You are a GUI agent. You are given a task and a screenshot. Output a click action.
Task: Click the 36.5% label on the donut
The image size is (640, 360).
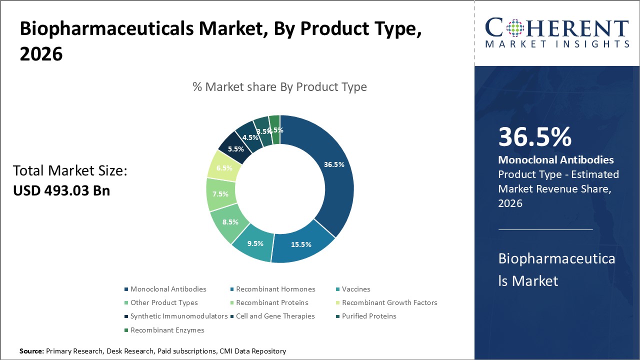tap(333, 164)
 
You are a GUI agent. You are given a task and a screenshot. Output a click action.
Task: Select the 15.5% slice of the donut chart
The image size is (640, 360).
tap(301, 244)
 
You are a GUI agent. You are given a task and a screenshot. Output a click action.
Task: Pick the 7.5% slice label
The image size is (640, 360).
tap(220, 194)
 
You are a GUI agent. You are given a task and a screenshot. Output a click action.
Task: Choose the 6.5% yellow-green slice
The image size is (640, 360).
tap(224, 168)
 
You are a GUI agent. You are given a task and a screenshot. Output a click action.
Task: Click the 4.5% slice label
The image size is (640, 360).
tap(250, 137)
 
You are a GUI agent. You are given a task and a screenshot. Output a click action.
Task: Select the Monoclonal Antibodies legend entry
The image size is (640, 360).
tap(168, 289)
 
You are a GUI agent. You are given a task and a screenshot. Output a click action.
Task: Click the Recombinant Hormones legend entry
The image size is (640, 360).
tap(275, 289)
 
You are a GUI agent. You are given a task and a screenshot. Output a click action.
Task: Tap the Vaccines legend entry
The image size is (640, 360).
tap(356, 289)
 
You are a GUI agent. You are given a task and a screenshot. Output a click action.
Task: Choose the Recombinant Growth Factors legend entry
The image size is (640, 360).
tap(389, 302)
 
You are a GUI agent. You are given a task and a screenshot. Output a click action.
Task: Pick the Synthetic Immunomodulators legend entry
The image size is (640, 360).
tap(178, 316)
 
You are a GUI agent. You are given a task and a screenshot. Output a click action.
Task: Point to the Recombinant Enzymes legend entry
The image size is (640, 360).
tap(167, 330)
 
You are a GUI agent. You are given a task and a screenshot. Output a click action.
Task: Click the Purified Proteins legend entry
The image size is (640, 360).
tap(369, 316)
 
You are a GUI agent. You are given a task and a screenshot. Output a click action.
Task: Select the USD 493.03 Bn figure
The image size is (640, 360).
tap(61, 190)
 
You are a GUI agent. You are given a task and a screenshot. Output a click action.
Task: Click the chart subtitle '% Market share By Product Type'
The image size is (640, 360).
tap(279, 87)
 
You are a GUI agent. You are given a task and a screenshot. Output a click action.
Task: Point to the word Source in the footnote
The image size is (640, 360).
tap(31, 351)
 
